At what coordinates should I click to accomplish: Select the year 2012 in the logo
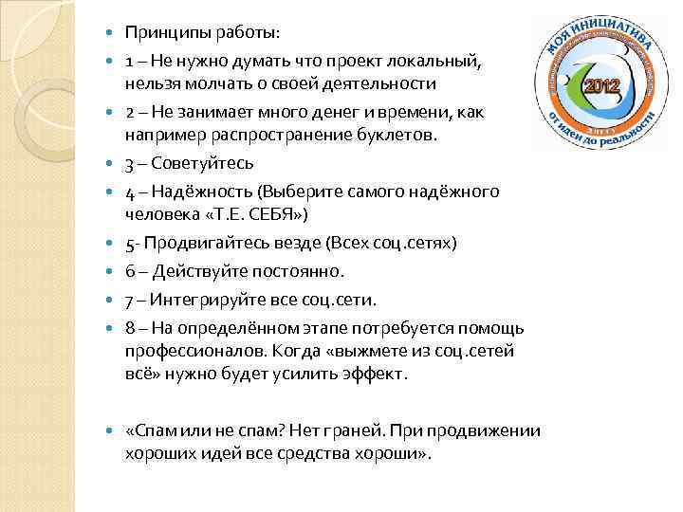[x=602, y=85]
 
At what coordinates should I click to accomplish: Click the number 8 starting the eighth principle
[x=129, y=328]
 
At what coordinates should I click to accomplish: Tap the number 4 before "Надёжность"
[x=129, y=192]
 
